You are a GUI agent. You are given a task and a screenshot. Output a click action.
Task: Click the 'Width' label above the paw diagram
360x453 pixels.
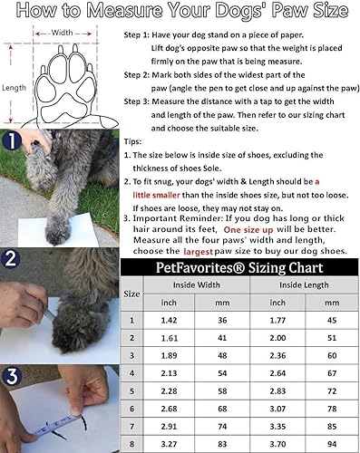pos(63,32)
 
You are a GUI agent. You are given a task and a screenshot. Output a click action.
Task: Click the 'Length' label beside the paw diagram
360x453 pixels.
pos(14,87)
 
